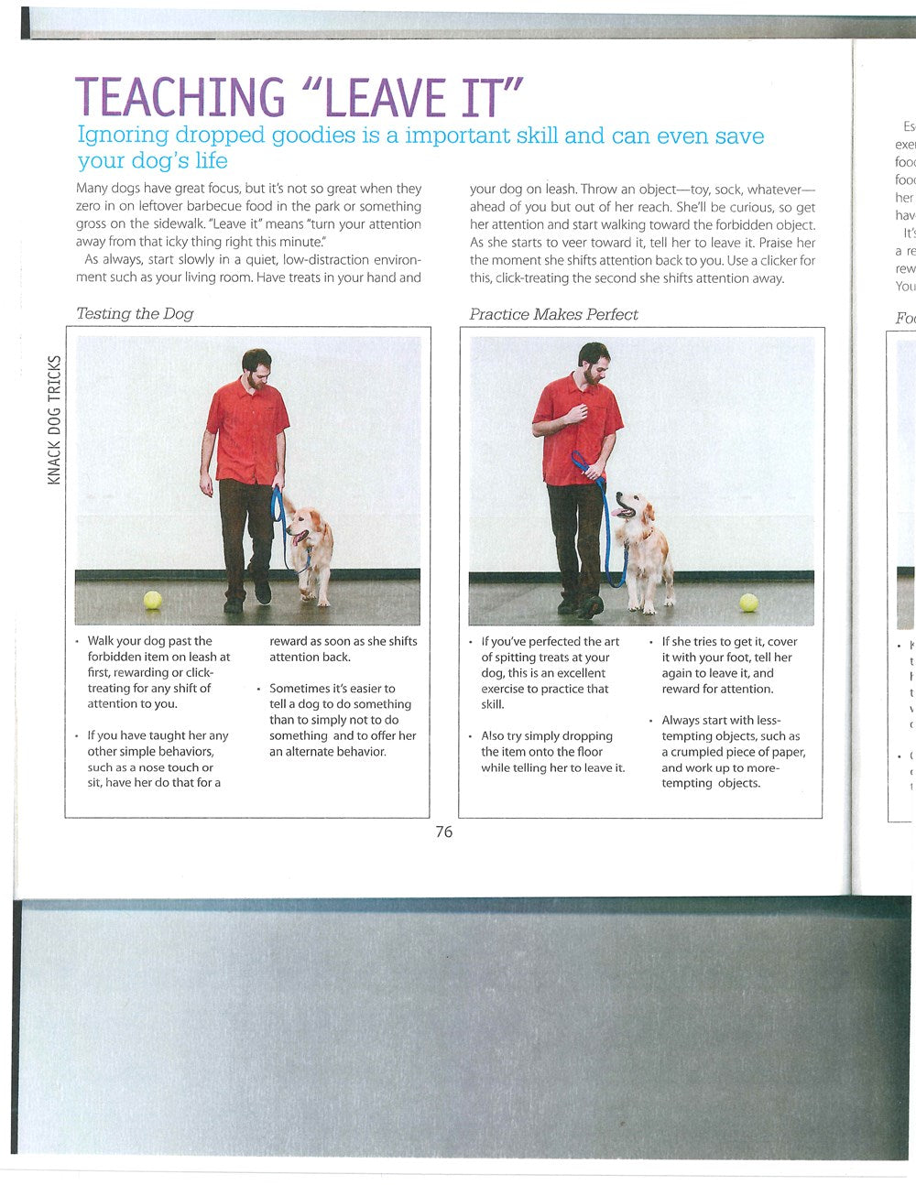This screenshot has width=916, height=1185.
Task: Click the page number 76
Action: (x=443, y=832)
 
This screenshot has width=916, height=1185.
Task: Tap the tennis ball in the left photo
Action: (x=152, y=600)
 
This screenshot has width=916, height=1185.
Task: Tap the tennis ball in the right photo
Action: (x=748, y=602)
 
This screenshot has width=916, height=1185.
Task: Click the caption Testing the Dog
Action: (x=135, y=313)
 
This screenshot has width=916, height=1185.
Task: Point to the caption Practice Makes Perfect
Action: (x=553, y=314)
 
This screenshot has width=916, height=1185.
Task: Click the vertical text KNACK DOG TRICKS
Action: (x=54, y=419)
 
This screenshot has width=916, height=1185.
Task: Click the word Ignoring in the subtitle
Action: (x=123, y=136)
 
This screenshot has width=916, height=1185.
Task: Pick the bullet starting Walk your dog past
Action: (x=158, y=672)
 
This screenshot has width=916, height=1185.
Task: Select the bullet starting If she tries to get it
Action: (x=728, y=665)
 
